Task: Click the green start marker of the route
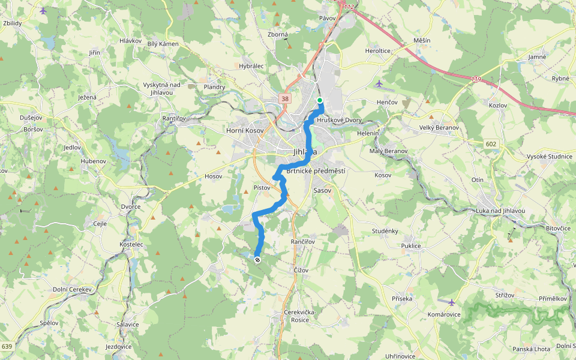tap(320, 100)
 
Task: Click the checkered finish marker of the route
tap(257, 260)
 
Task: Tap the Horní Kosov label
tap(244, 130)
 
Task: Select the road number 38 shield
tap(285, 99)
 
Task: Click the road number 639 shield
tap(7, 346)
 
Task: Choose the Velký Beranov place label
tap(439, 128)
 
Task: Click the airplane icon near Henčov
tap(378, 83)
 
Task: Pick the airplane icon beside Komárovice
tap(451, 302)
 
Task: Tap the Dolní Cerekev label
tap(71, 289)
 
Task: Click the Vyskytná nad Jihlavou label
tap(161, 88)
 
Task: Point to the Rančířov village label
tap(303, 241)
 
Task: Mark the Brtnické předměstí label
tap(316, 171)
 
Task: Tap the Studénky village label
tap(385, 231)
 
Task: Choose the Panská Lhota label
tap(531, 349)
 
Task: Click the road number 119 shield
tap(476, 79)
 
